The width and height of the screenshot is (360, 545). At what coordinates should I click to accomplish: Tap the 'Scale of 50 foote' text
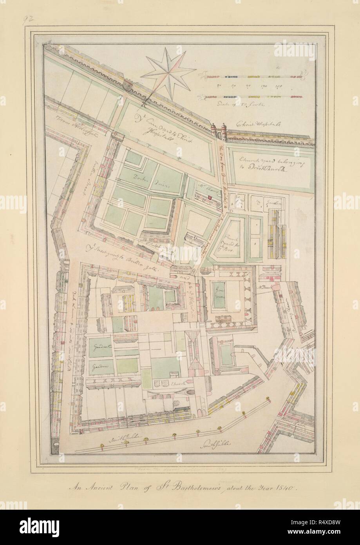click(229, 104)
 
